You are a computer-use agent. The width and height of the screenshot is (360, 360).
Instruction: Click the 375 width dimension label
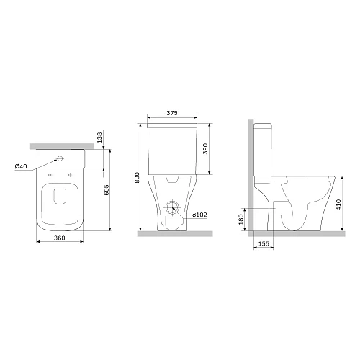tap(172, 113)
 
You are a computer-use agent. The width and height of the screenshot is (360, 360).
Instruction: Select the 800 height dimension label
tap(137, 178)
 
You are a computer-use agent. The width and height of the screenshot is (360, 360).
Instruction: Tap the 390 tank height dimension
tap(205, 148)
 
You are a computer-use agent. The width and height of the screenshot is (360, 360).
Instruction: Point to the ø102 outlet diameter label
tap(199, 215)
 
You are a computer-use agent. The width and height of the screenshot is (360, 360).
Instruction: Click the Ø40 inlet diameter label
tap(21, 166)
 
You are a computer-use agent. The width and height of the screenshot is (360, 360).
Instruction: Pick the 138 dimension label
tap(99, 138)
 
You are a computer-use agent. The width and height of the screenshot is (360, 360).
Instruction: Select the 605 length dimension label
tap(107, 189)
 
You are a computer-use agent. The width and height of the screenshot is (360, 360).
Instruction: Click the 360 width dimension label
tap(59, 238)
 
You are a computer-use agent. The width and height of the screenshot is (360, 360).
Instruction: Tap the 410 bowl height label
tap(338, 204)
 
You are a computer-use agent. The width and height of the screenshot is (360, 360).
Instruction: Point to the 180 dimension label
tap(241, 219)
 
